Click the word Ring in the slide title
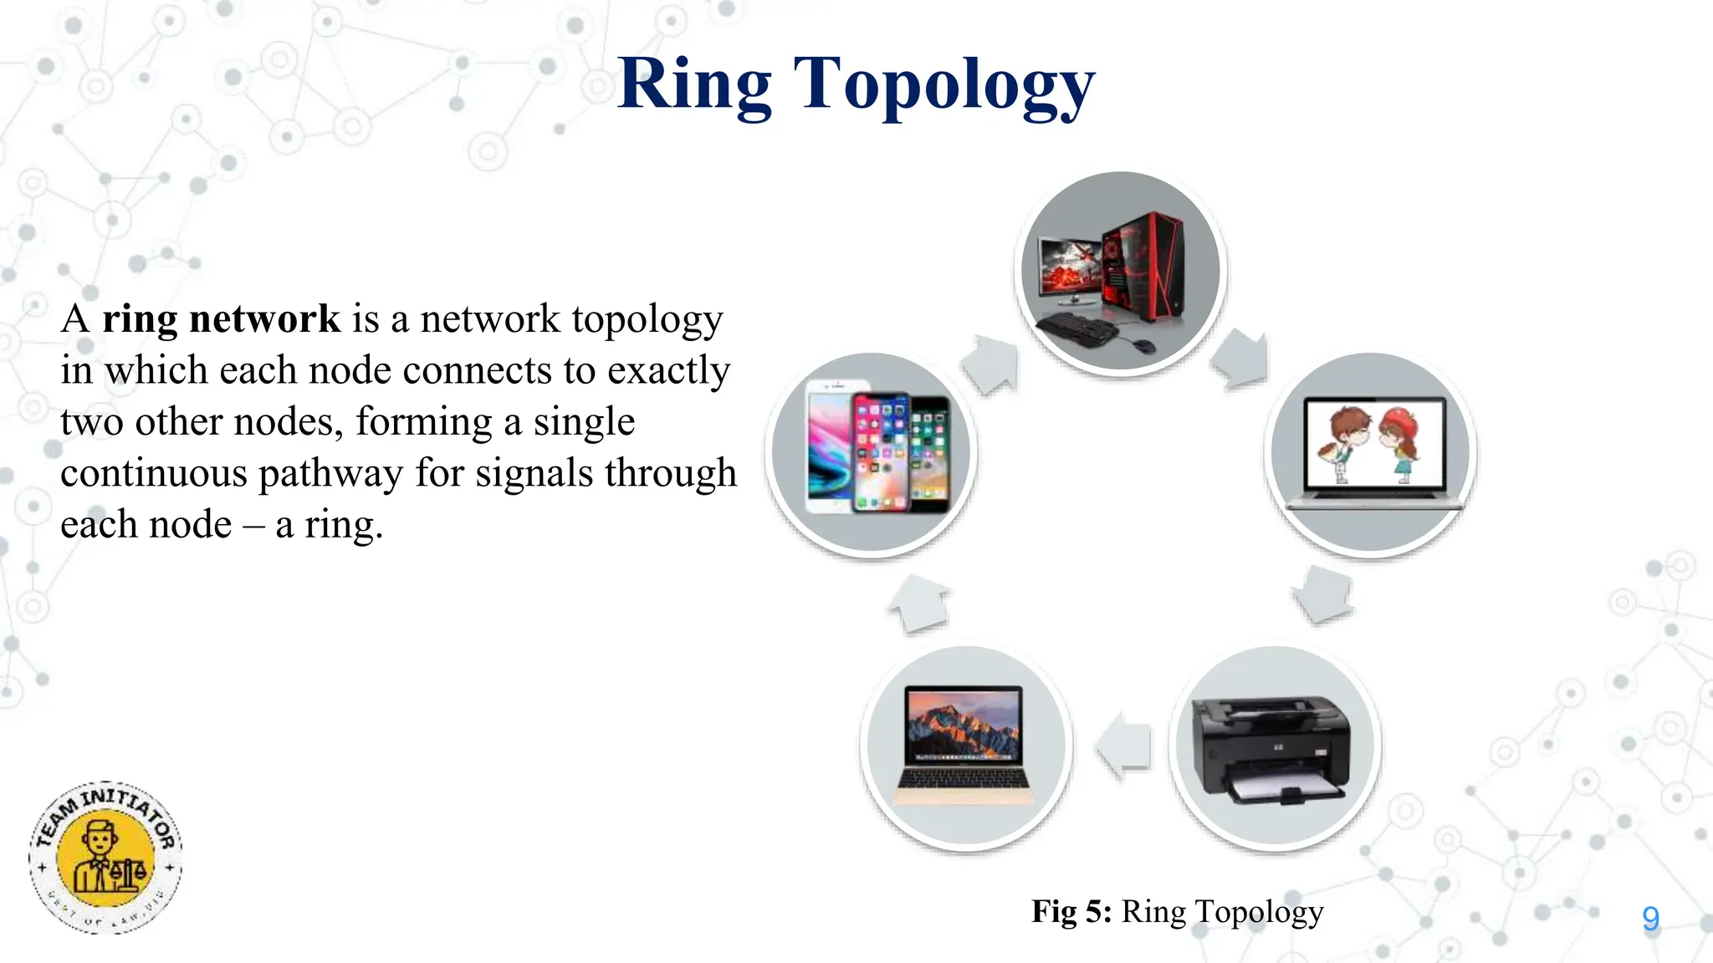pyautogui.click(x=694, y=85)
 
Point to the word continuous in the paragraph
pyautogui.click(x=154, y=473)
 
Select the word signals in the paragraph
pyautogui.click(x=534, y=473)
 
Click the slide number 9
pyautogui.click(x=1650, y=919)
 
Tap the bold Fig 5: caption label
pyautogui.click(x=1071, y=911)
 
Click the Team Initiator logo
pyautogui.click(x=105, y=858)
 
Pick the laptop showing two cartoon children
pyautogui.click(x=1373, y=452)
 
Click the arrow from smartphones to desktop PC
pyautogui.click(x=991, y=363)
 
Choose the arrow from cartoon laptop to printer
pyautogui.click(x=1323, y=594)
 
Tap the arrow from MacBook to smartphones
pyautogui.click(x=920, y=604)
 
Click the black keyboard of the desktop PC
pyautogui.click(x=1075, y=328)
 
